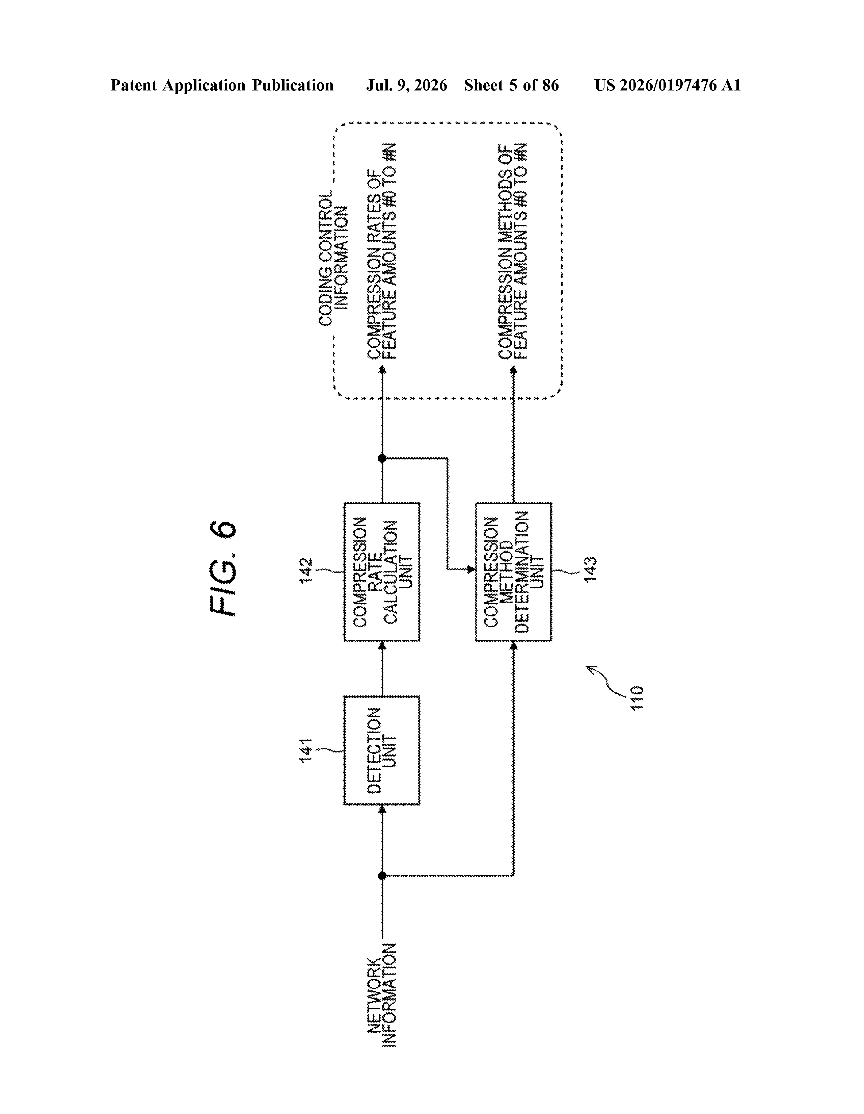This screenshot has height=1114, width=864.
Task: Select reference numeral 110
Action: coord(637,698)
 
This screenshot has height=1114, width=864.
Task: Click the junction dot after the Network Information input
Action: coord(381,875)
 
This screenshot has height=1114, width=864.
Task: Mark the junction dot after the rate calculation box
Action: coord(381,458)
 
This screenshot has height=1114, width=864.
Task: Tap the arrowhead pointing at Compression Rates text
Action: coord(381,370)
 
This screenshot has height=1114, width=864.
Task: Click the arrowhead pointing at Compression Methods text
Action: coord(514,370)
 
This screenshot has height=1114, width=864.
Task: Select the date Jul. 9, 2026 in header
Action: coord(406,85)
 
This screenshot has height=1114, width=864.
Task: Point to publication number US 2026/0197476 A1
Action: coord(667,85)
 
